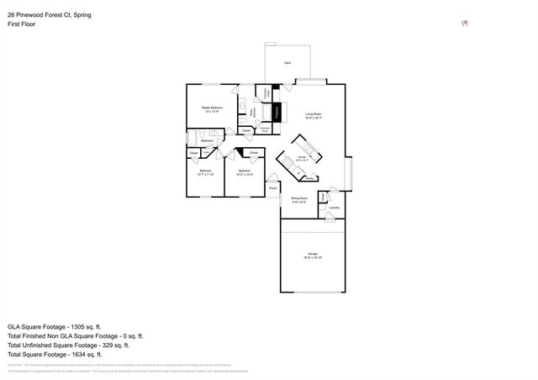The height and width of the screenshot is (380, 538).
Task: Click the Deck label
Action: tap(287, 63)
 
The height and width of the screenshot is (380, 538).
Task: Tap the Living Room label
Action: tap(314, 114)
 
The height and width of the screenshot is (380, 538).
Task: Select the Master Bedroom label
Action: tap(212, 108)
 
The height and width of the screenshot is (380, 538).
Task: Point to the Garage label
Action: tap(313, 255)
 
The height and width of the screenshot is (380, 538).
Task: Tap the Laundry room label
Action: tap(335, 207)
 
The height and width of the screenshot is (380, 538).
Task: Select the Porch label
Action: tap(273, 188)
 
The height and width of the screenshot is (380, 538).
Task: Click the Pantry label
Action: tap(310, 177)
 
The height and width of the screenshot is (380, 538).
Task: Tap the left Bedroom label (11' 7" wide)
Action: tap(205, 172)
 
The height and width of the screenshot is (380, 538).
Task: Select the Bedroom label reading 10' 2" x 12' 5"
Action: tap(244, 172)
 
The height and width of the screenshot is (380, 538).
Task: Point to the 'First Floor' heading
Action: tap(22, 24)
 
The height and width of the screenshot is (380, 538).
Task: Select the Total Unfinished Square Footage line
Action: tap(68, 345)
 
